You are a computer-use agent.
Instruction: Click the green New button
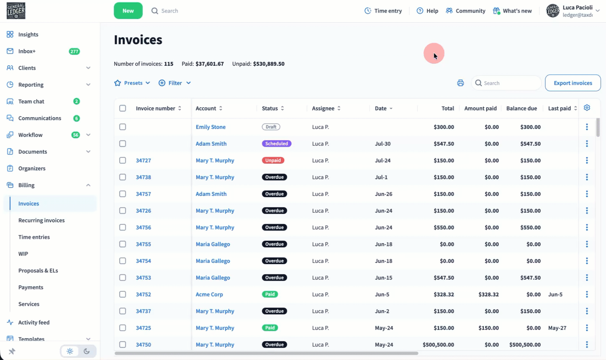[x=128, y=11]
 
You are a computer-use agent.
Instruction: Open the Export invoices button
[x=573, y=83]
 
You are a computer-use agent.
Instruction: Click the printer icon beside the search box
[x=460, y=83]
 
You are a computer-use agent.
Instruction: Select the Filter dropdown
[x=175, y=83]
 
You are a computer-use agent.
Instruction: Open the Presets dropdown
[x=132, y=83]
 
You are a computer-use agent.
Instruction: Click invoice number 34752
[x=144, y=294]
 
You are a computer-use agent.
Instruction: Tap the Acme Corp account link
[x=209, y=294]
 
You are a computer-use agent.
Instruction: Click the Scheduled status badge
[x=277, y=144]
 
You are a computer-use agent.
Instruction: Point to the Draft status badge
[x=271, y=127]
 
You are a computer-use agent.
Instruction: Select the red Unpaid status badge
[x=273, y=160]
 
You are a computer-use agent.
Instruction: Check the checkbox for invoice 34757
[x=123, y=194]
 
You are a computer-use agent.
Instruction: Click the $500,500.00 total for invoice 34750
[x=438, y=345]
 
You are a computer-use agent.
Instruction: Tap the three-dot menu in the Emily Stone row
[x=587, y=127]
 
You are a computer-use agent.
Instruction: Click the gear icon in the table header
[x=587, y=108]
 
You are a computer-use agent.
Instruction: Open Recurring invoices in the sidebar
[x=41, y=220]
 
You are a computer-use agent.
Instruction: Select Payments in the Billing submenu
[x=31, y=287]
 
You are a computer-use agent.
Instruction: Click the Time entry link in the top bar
[x=383, y=11]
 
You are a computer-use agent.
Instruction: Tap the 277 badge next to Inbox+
[x=74, y=51]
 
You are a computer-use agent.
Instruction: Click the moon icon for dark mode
[x=87, y=351]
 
